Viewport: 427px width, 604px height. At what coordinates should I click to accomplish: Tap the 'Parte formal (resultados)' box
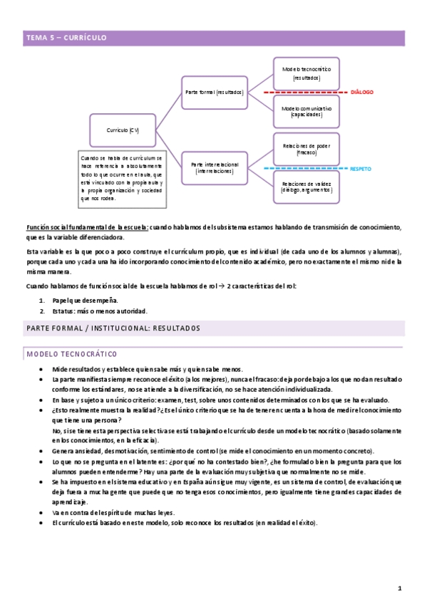click(215, 93)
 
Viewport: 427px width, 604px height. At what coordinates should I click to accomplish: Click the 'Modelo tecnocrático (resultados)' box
click(306, 73)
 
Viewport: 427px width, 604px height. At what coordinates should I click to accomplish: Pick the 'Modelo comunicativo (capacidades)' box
click(306, 110)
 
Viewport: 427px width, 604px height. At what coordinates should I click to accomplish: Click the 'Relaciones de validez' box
click(306, 187)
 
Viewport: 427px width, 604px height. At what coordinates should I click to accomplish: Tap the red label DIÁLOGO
click(361, 93)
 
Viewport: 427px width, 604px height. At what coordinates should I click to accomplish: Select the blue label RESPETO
click(361, 169)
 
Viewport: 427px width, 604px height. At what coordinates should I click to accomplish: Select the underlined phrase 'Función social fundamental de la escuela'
click(88, 227)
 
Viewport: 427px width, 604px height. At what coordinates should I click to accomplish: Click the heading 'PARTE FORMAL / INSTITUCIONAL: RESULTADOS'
click(113, 328)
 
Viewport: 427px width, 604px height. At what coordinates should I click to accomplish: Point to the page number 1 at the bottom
click(400, 588)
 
